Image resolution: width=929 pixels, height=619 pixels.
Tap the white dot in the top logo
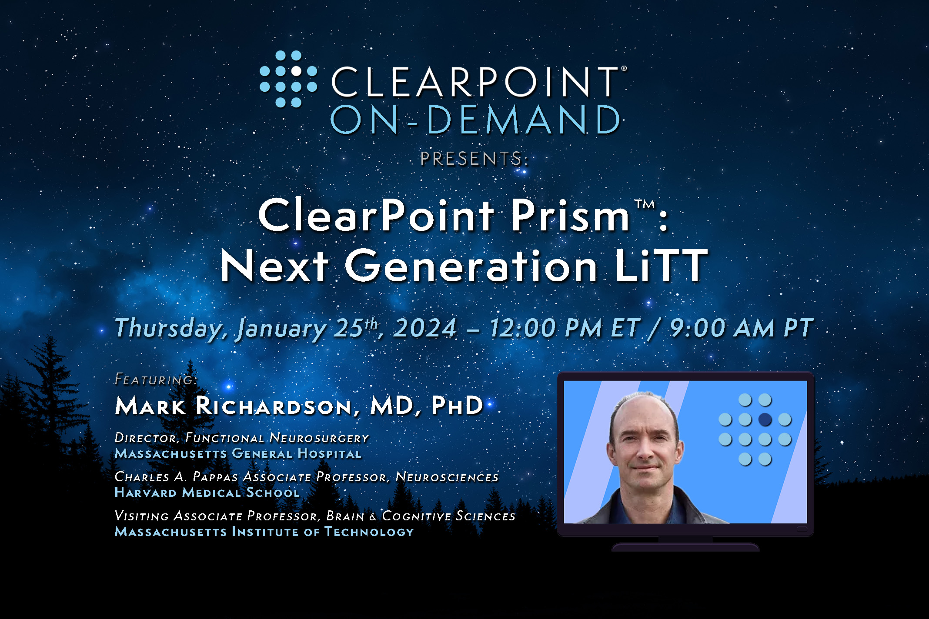point(296,70)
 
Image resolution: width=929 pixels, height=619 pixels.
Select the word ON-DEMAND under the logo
point(475,119)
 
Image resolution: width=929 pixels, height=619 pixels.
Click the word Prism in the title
point(570,215)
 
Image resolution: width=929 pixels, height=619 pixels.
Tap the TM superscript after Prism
point(645,204)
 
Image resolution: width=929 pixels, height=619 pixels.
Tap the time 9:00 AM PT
point(741,328)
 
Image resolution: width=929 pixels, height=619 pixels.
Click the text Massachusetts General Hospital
point(238,454)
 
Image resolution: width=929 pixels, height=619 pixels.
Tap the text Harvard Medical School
point(207,493)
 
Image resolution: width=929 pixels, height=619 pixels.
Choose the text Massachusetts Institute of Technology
point(264,532)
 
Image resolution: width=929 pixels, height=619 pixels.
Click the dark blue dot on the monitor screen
point(765,419)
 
